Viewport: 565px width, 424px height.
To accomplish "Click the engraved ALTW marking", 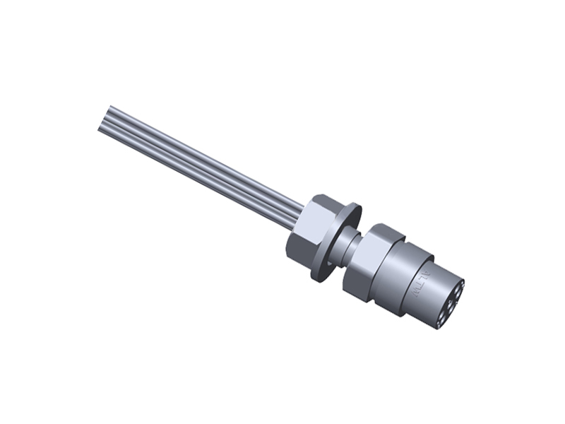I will (x=425, y=281).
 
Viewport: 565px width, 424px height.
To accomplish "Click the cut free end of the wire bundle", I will (x=106, y=118).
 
